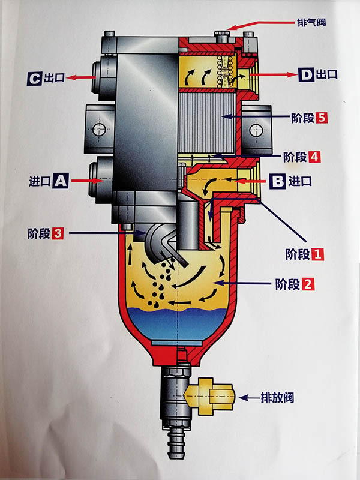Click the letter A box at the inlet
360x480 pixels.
[x=59, y=179]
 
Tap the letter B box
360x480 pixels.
[x=277, y=180]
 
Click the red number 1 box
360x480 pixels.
[x=317, y=254]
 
